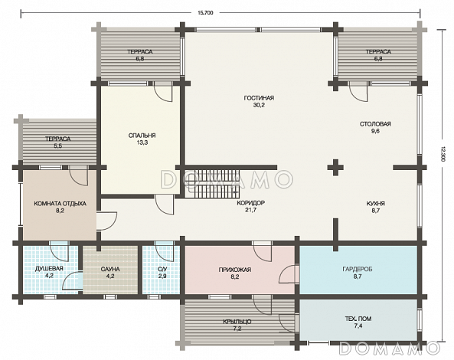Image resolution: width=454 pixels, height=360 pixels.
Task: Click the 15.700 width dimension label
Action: click(x=205, y=13)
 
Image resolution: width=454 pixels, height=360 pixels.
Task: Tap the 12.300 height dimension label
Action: click(x=442, y=154)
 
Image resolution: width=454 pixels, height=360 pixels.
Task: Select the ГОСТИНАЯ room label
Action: click(x=259, y=98)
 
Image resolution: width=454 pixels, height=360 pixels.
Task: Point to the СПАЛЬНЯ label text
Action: click(x=142, y=136)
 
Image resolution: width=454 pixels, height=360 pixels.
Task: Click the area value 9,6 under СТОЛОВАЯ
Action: click(x=375, y=131)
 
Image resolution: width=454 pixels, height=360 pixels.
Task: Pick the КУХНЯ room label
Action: click(x=376, y=204)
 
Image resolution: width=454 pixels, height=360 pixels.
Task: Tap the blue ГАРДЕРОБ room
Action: click(x=358, y=270)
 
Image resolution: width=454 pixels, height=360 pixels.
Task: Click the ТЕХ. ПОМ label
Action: click(x=358, y=319)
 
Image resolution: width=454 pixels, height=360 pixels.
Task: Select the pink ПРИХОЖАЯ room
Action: click(x=240, y=270)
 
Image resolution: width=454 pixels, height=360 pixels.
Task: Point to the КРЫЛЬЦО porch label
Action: click(x=237, y=322)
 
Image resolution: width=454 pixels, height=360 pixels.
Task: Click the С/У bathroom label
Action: click(x=162, y=270)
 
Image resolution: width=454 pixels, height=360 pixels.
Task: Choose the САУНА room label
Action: click(x=110, y=270)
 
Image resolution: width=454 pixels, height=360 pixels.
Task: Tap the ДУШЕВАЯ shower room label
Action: click(x=49, y=269)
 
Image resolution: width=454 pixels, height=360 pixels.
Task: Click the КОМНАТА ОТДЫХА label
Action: click(x=60, y=204)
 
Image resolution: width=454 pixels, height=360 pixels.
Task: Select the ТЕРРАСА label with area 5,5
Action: click(x=57, y=139)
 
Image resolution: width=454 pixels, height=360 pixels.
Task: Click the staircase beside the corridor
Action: click(x=212, y=184)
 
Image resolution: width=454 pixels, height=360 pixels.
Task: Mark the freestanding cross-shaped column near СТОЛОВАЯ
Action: click(x=335, y=167)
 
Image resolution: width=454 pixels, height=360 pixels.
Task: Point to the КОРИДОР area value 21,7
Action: click(x=250, y=211)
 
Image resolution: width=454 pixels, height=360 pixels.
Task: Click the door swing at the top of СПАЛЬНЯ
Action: click(x=163, y=91)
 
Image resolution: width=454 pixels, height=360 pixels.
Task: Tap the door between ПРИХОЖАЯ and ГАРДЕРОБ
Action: click(x=289, y=274)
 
